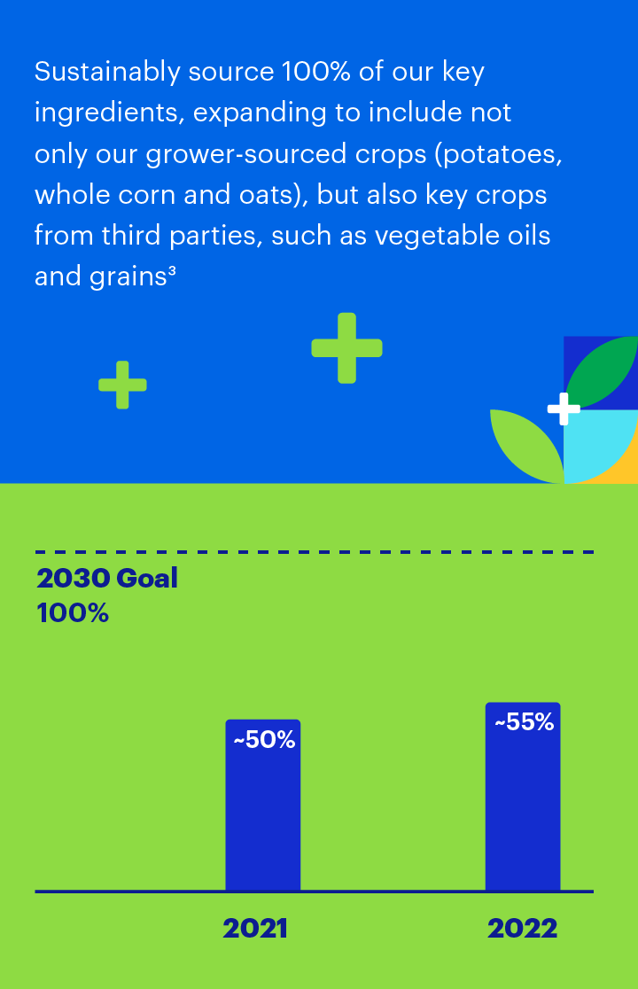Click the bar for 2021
point(263,805)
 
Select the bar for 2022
point(523,796)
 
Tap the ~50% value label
point(264,740)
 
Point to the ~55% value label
point(524,722)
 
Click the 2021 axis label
point(255,929)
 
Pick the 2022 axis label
point(523,929)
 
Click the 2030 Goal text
point(107,578)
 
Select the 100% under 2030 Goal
point(73,613)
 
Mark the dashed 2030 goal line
point(315,552)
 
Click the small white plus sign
point(564,409)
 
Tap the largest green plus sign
point(346,348)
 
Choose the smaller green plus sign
point(123,385)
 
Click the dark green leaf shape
point(601,372)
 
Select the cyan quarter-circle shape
point(595,445)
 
